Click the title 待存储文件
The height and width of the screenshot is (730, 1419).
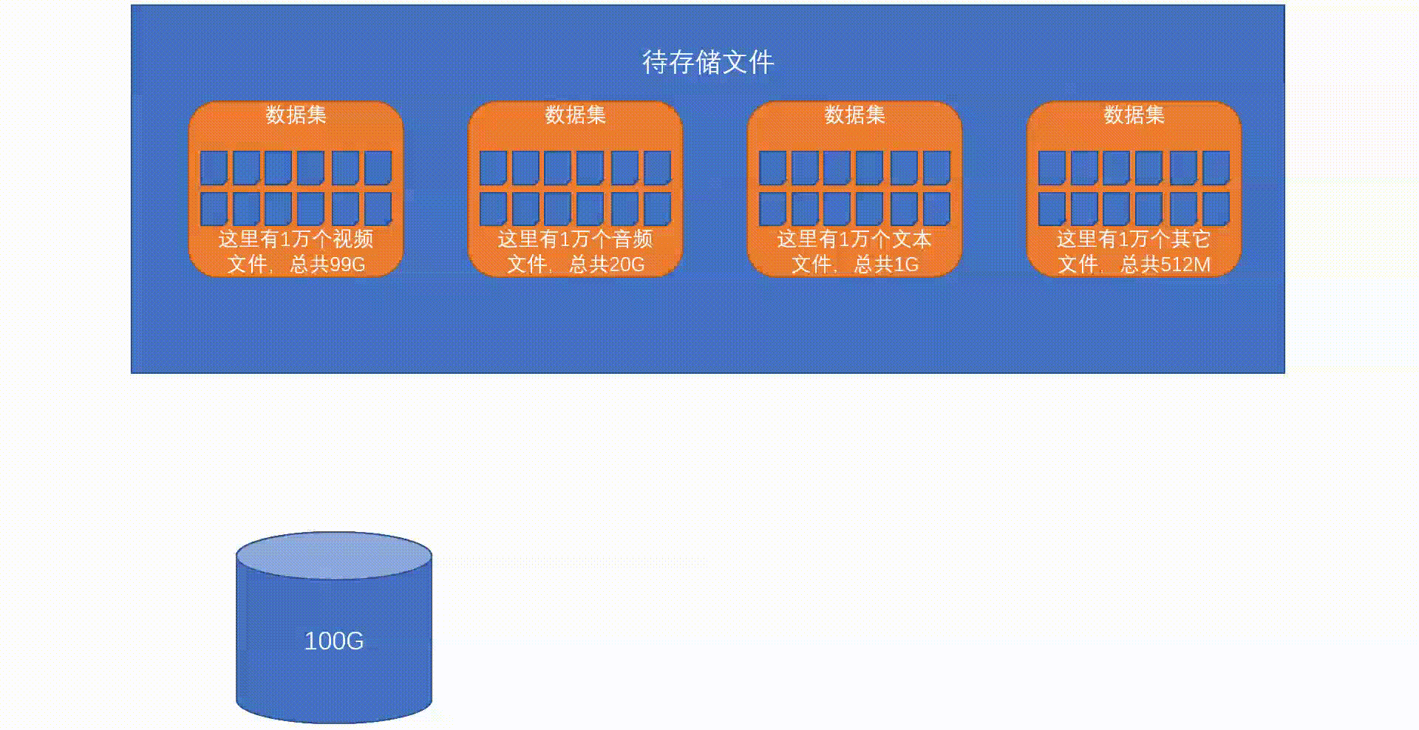[x=708, y=62]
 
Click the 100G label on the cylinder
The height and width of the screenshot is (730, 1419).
[x=333, y=641]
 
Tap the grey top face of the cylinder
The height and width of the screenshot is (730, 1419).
[x=334, y=555]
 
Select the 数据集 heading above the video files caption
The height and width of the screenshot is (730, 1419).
[x=296, y=115]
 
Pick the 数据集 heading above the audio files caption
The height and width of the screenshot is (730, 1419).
[x=575, y=115]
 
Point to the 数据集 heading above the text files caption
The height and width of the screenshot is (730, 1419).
[x=854, y=115]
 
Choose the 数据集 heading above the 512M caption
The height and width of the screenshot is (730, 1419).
[x=1134, y=115]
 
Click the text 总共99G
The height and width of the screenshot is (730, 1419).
[x=327, y=264]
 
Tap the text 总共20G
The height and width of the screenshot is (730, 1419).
[x=607, y=264]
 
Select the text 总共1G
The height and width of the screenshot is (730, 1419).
[x=886, y=264]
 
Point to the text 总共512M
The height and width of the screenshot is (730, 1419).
[x=1165, y=264]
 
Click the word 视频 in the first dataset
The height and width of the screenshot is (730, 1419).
[x=353, y=239]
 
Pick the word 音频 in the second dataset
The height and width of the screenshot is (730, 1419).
[x=632, y=239]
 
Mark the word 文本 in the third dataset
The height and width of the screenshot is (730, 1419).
[x=911, y=239]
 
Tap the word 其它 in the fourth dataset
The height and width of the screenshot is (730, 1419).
[x=1191, y=239]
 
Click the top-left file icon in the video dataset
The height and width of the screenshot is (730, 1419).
[x=214, y=168]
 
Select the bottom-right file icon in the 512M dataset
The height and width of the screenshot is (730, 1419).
[x=1216, y=209]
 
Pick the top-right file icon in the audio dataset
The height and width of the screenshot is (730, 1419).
[x=657, y=168]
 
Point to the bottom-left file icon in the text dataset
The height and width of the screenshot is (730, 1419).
[x=772, y=209]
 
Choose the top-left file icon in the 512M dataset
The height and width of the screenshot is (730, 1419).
[x=1052, y=168]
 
